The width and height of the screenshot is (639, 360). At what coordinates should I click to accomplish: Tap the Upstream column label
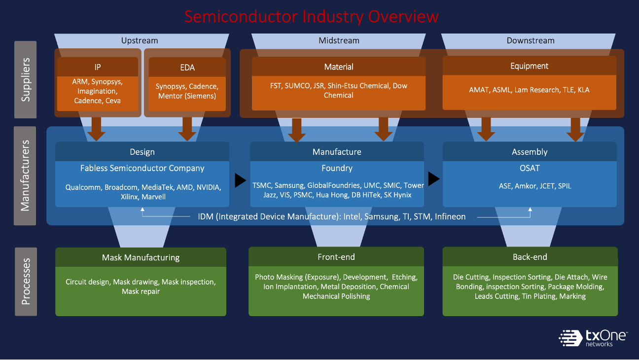(140, 40)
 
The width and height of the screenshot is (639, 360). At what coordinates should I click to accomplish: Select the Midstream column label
(339, 40)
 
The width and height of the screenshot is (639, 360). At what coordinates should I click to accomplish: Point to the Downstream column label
(531, 40)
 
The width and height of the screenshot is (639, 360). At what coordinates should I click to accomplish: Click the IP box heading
(98, 68)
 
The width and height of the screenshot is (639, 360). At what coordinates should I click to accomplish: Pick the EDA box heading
(187, 68)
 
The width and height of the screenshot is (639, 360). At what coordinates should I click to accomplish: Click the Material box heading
(339, 67)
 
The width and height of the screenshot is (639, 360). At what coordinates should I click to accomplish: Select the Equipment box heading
(530, 66)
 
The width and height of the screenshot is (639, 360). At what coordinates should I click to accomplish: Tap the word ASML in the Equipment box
(502, 90)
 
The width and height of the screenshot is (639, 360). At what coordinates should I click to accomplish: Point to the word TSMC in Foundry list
(262, 185)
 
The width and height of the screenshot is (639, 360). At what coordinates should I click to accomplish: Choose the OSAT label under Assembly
(530, 168)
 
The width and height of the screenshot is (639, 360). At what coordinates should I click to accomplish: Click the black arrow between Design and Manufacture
(240, 180)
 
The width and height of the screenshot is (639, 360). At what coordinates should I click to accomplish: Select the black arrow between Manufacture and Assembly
(433, 179)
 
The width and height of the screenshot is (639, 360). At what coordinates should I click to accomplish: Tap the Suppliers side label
(25, 80)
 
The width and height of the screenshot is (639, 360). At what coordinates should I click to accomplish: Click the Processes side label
(25, 282)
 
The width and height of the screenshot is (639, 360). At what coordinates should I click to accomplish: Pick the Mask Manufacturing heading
(141, 257)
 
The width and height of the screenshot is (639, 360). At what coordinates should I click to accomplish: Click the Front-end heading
(336, 257)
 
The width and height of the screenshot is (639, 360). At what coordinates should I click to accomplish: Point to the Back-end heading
(530, 257)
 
